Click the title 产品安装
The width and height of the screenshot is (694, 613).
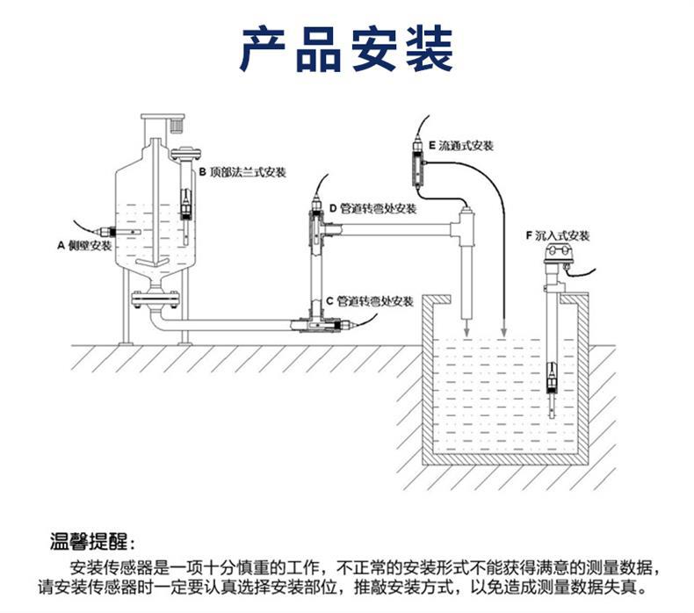coord(347,49)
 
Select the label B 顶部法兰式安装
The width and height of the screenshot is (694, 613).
coord(242,172)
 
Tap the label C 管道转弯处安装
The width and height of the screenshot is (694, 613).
coord(369,301)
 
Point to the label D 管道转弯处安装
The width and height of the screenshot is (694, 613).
coord(373,209)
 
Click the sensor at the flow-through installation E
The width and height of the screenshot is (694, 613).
coord(419,163)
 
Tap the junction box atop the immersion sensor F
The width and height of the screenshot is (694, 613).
coord(558,256)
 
